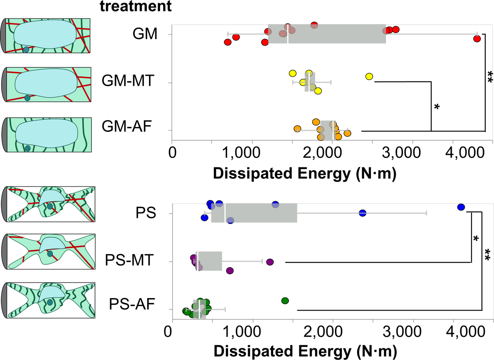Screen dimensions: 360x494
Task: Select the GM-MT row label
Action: pyautogui.click(x=125, y=82)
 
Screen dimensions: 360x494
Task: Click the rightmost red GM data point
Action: pyautogui.click(x=477, y=39)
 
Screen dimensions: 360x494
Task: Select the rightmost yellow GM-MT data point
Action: pyautogui.click(x=369, y=76)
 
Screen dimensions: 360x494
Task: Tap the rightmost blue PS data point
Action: pyautogui.click(x=461, y=207)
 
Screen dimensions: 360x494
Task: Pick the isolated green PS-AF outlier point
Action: pyautogui.click(x=285, y=301)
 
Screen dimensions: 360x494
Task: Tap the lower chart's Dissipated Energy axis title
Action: pyautogui.click(x=305, y=350)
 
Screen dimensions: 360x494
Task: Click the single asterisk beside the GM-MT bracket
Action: pyautogui.click(x=437, y=108)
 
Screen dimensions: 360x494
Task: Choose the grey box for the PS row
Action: pyautogui.click(x=254, y=213)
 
